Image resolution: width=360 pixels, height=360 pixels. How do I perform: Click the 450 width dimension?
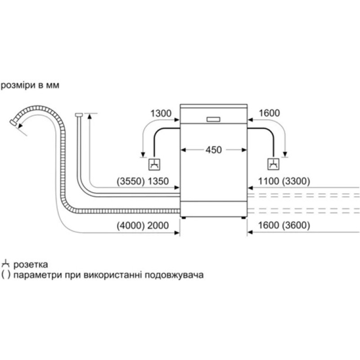(x=213, y=150)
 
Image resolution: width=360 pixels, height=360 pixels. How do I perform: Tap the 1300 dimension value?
(x=160, y=113)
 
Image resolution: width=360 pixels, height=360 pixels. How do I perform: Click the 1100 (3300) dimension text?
(x=282, y=181)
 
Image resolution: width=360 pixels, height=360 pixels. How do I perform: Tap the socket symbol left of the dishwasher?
(x=154, y=164)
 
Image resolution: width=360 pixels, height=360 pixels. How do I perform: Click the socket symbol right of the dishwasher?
(x=273, y=164)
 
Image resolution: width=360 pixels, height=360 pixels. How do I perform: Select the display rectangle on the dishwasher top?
(x=213, y=119)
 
